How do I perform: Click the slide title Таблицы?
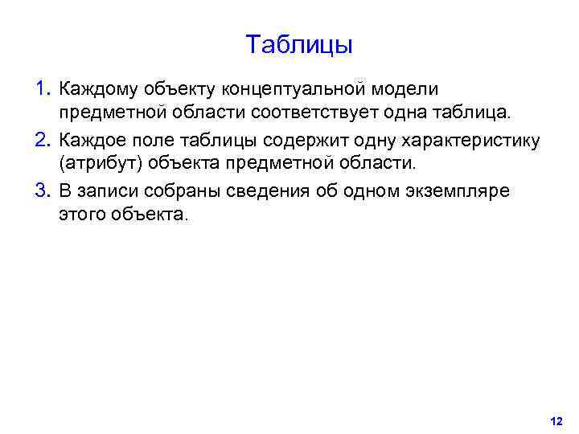(299, 45)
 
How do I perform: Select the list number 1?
(43, 87)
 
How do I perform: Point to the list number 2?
(43, 140)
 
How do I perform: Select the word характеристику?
(471, 140)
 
